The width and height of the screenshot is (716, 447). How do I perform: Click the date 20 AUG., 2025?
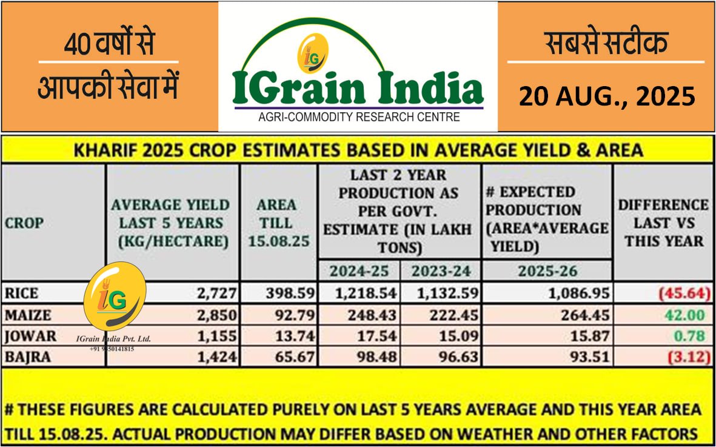tap(606, 96)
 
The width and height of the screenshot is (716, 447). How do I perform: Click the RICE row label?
tap(22, 294)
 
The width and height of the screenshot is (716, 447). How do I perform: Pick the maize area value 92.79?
tap(290, 315)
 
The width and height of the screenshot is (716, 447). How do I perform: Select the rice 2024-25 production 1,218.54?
tap(367, 294)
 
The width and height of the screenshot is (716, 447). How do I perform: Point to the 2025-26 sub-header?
tap(547, 271)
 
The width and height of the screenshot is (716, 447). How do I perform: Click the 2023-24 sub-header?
tap(441, 271)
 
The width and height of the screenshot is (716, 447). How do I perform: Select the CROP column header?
tap(24, 223)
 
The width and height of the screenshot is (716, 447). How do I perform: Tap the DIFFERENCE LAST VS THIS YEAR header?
tap(663, 223)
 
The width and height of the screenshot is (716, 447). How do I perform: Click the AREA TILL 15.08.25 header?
tap(278, 223)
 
